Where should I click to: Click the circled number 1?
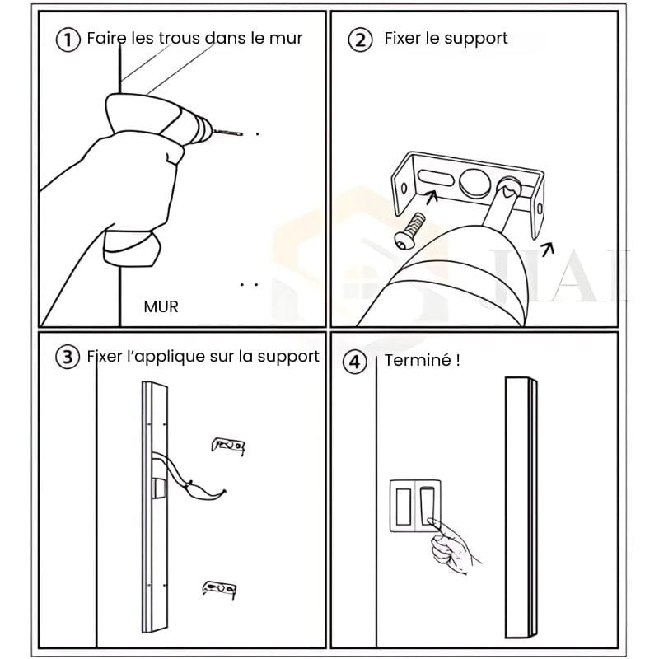coord(68,40)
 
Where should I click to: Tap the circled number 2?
coord(360,40)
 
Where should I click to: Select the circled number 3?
coord(68,357)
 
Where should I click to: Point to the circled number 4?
coord(355,362)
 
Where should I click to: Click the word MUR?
coord(161,306)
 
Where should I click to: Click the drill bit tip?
coord(241,134)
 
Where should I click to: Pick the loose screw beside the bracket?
coord(409,231)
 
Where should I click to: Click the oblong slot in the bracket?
coord(436,177)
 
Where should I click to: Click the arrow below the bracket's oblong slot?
coord(431,197)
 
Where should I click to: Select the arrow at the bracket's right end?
coord(548,250)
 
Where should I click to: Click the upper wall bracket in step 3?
coord(228,446)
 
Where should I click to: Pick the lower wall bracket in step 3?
coord(219,589)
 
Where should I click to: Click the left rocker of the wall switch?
coord(403,507)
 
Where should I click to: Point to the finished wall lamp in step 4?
coord(521,507)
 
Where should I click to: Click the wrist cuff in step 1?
coord(131,248)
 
